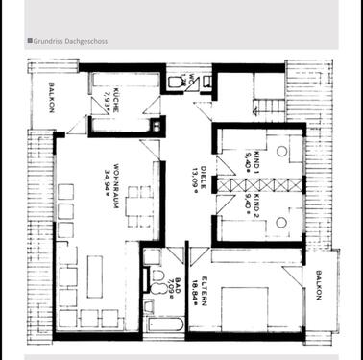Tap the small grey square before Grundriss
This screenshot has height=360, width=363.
point(30,41)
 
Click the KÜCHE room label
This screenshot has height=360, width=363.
point(115,102)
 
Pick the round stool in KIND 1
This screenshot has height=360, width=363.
point(281,151)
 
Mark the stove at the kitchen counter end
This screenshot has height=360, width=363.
point(156,126)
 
